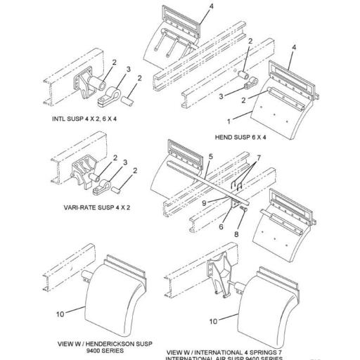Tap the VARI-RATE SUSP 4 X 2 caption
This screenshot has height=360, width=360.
tap(89, 209)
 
